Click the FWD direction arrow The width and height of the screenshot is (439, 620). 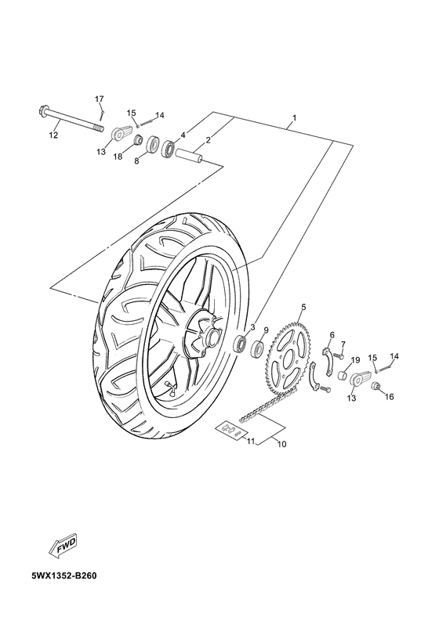[62, 546]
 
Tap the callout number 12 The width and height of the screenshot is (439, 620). [53, 135]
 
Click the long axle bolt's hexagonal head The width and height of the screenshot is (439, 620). [43, 110]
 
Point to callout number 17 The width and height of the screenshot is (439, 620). [99, 99]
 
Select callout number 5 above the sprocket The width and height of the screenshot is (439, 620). [303, 307]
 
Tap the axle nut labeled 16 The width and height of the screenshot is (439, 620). [376, 386]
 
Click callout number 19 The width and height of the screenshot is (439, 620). [355, 360]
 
